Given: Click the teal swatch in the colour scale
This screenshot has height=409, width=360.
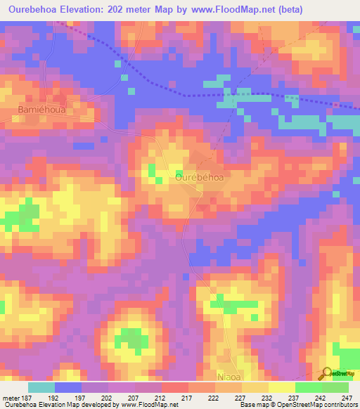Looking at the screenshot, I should click(41, 387).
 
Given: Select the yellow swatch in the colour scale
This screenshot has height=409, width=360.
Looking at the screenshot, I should click(281, 387).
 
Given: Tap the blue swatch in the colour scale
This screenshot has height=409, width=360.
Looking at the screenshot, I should click(68, 387).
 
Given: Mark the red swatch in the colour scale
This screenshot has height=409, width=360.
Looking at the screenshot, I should click(175, 387).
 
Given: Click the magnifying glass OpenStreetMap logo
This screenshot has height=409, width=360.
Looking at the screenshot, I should click(327, 374).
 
